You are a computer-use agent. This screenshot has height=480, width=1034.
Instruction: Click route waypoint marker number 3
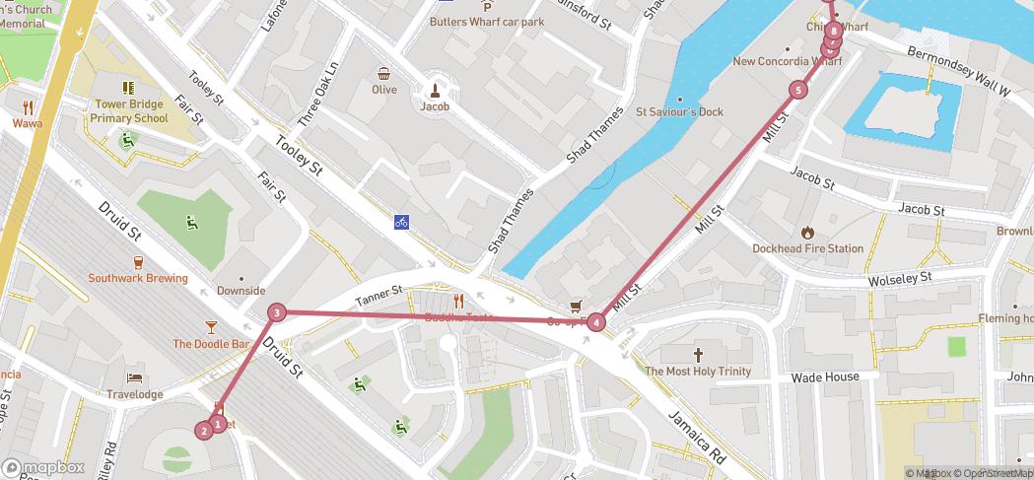pyautogui.click(x=278, y=312)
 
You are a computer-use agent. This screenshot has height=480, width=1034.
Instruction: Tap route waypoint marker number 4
pyautogui.click(x=596, y=322)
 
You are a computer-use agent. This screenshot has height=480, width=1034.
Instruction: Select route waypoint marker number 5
pyautogui.click(x=797, y=91)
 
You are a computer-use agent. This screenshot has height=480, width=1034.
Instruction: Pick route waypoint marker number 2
pyautogui.click(x=204, y=430)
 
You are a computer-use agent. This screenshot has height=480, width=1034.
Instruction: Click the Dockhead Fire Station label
pyautogui.click(x=807, y=248)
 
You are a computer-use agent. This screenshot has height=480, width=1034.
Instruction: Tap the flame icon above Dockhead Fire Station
pyautogui.click(x=807, y=233)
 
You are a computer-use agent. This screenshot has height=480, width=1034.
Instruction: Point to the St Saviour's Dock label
pyautogui.click(x=679, y=111)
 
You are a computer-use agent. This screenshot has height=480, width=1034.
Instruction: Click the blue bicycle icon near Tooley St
pyautogui.click(x=401, y=222)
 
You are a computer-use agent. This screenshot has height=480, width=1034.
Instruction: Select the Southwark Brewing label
pyautogui.click(x=138, y=278)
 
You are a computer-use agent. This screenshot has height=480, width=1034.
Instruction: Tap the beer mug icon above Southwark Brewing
pyautogui.click(x=137, y=262)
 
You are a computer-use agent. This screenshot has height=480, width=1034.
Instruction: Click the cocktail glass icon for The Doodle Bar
pyautogui.click(x=211, y=327)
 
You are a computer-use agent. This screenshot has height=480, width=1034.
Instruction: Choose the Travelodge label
pyautogui.click(x=135, y=394)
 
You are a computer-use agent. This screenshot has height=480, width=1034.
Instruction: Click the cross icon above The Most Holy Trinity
pyautogui.click(x=698, y=355)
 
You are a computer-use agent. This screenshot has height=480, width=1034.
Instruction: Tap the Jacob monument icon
pyautogui.click(x=435, y=89)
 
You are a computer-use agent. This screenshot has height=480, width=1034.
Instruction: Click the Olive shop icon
pyautogui.click(x=383, y=73)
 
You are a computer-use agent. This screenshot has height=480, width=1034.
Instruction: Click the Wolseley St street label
pyautogui.click(x=899, y=280)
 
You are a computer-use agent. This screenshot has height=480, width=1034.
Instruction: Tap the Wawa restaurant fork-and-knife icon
pyautogui.click(x=28, y=107)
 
